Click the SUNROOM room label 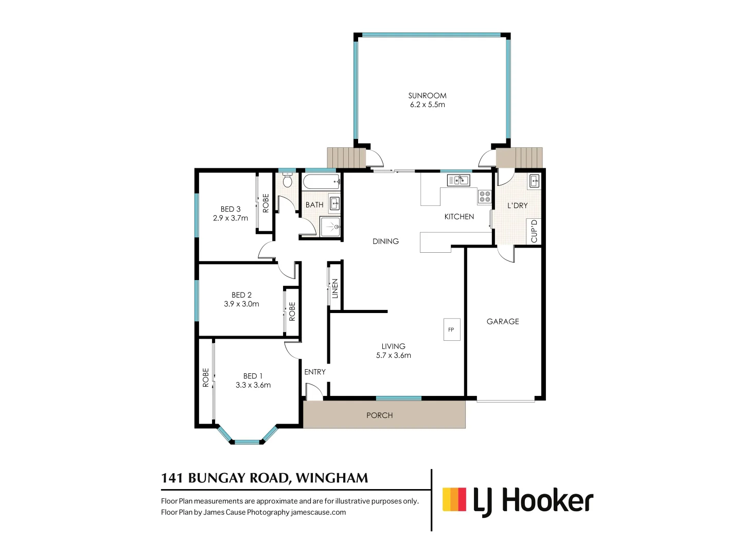tap(427, 96)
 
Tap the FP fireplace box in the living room tap(451, 329)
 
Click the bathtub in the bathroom tap(321, 182)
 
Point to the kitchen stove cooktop tap(485, 196)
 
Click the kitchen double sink tap(458, 180)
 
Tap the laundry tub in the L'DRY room tap(535, 181)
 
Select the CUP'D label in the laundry tap(534, 231)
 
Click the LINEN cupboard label tap(335, 288)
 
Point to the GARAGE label tap(503, 321)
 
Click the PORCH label tap(379, 415)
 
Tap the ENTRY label tap(314, 372)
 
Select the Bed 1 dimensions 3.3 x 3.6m tap(253, 385)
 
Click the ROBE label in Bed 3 tap(266, 203)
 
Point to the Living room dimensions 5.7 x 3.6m tap(393, 355)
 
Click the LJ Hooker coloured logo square tap(454, 499)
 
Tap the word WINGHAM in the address tap(332, 478)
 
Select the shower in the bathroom tap(330, 227)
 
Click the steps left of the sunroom tap(346, 158)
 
